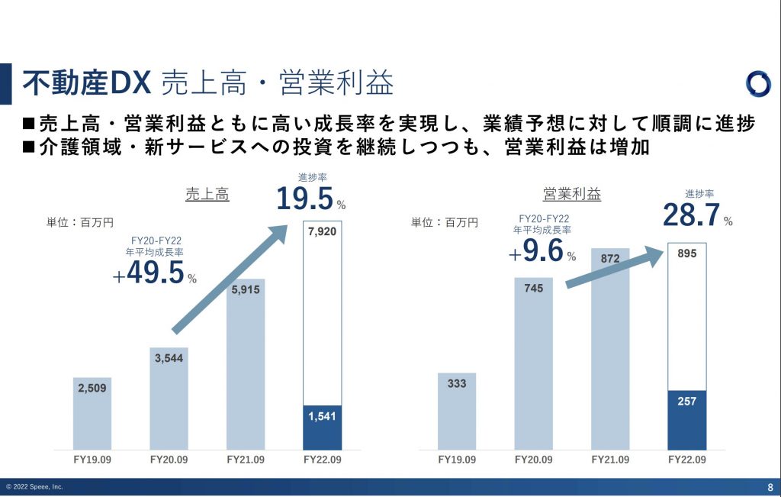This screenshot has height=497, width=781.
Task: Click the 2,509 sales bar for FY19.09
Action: (92, 413)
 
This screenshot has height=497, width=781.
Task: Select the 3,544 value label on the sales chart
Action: (169, 357)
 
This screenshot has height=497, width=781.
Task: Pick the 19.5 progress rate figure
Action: (305, 199)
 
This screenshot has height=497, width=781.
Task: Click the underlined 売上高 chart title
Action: (207, 194)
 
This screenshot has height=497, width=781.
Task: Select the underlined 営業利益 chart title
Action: (572, 194)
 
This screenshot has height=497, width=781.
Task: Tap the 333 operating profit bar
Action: (457, 411)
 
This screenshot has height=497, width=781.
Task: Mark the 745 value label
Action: (533, 289)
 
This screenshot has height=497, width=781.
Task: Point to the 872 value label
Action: (610, 259)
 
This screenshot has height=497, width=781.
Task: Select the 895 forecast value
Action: (686, 254)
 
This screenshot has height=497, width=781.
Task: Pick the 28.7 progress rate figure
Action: (692, 215)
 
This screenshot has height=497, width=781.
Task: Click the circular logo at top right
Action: (758, 84)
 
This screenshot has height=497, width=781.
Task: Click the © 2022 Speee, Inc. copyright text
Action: (34, 487)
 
